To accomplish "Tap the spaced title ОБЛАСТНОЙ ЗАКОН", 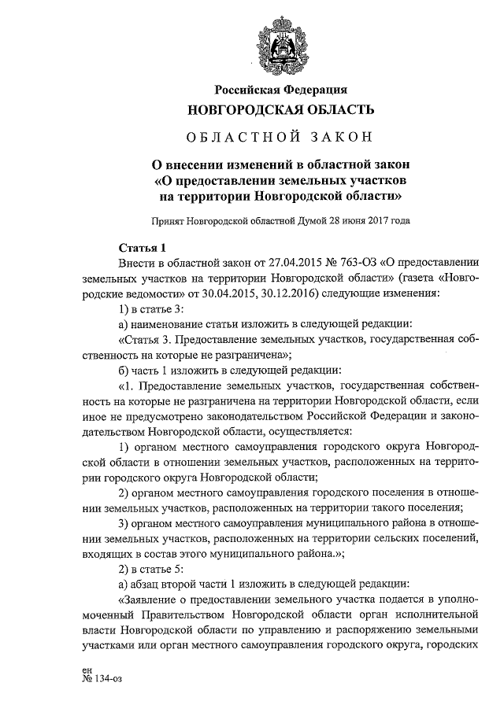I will [280, 138].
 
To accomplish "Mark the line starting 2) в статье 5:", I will [151, 569].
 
